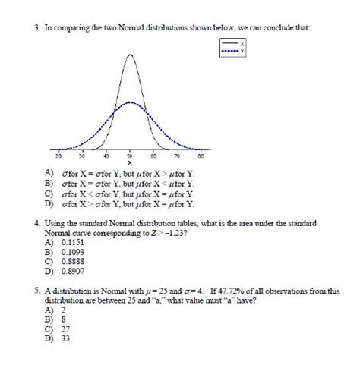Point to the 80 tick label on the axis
click(201, 155)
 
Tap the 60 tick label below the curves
click(154, 155)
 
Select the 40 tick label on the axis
click(106, 155)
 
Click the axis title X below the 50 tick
click(130, 162)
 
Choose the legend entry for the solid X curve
click(235, 44)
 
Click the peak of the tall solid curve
click(131, 55)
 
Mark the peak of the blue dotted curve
click(131, 102)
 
